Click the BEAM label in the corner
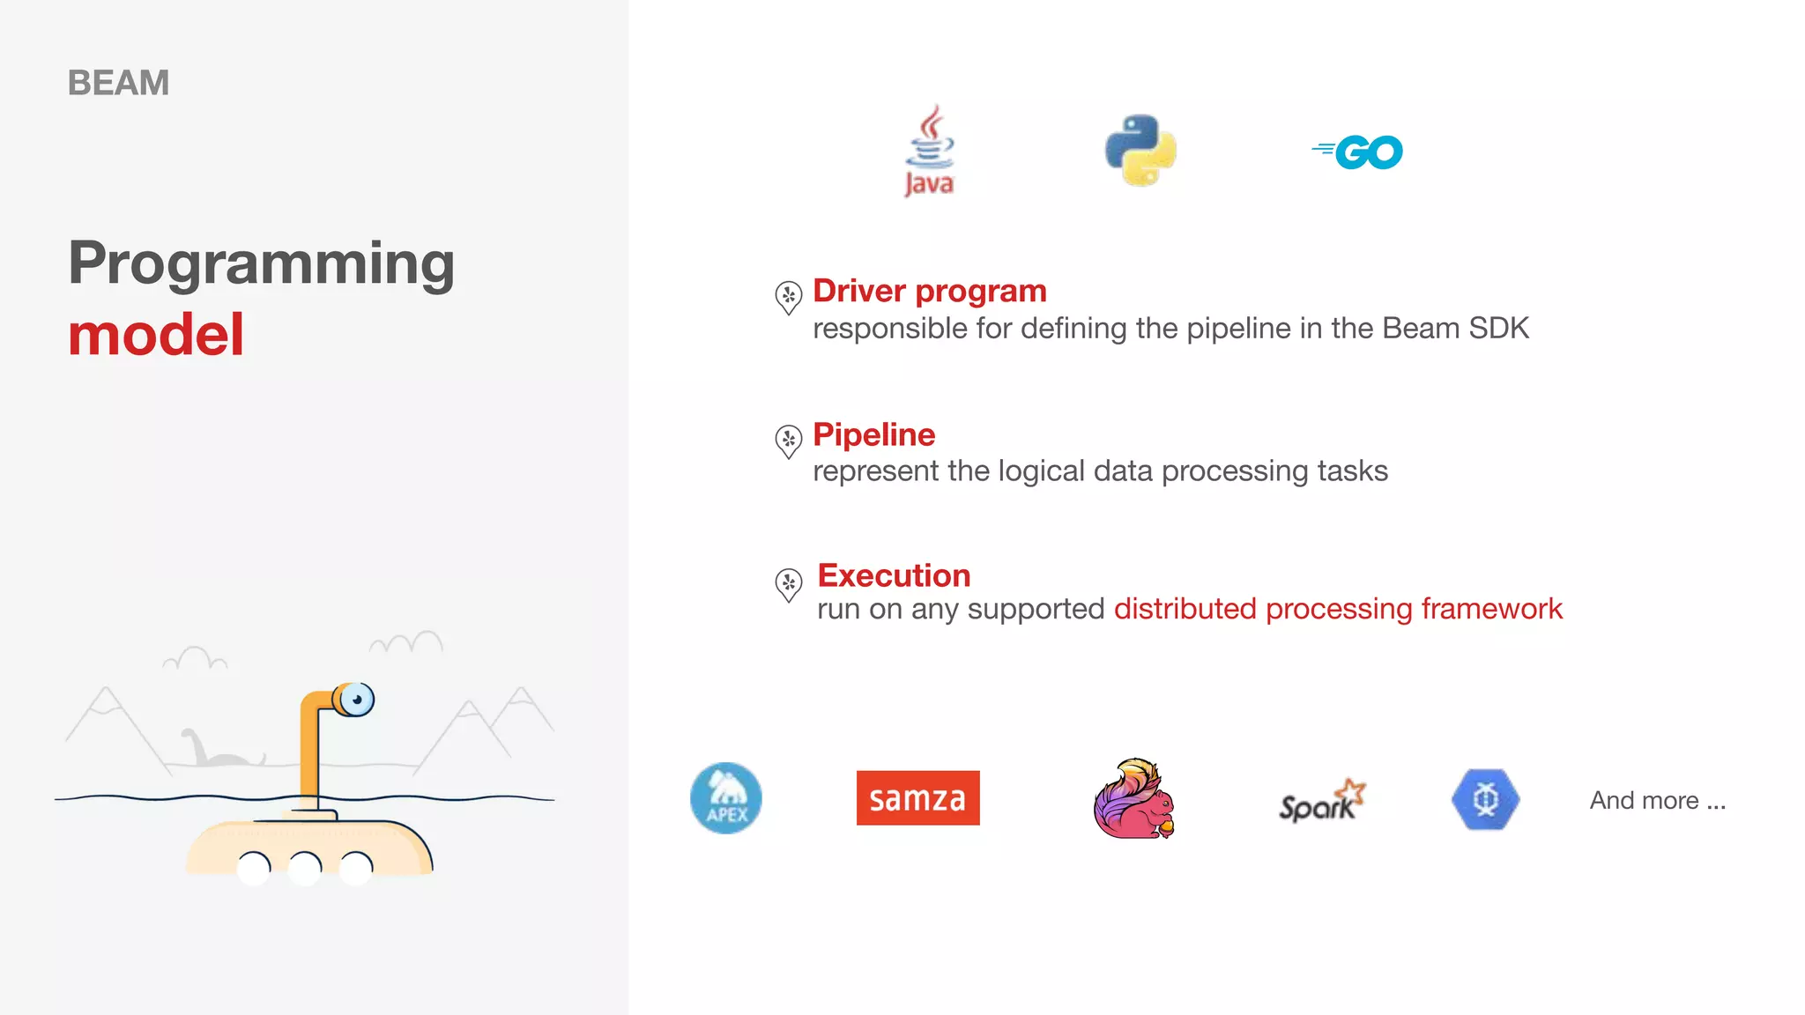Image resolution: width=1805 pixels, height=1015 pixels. click(118, 83)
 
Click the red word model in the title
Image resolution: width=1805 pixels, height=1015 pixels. click(156, 335)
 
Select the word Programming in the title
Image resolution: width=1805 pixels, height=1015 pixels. click(262, 263)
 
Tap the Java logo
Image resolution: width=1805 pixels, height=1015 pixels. click(930, 151)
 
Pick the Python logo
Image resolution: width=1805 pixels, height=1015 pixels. click(1140, 150)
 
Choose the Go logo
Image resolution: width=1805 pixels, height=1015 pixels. click(1358, 152)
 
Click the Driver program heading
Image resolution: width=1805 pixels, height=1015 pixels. click(929, 291)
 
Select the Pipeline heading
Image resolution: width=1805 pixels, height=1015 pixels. click(873, 434)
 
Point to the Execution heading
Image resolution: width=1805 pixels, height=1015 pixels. click(894, 575)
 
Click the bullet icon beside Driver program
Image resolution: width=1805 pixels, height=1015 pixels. click(788, 297)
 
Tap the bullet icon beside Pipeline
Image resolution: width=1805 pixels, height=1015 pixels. click(788, 440)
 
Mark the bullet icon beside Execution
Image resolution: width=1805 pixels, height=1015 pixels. click(788, 583)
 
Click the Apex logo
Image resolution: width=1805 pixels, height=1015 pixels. click(725, 798)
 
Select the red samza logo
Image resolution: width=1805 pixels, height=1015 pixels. click(917, 798)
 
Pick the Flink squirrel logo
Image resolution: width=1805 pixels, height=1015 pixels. click(1133, 798)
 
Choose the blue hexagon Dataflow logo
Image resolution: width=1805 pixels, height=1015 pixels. click(1485, 799)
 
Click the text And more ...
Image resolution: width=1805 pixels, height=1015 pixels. click(1657, 800)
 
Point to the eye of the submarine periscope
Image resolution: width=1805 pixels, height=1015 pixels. click(357, 700)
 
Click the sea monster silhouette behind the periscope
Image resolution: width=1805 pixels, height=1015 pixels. click(216, 751)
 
